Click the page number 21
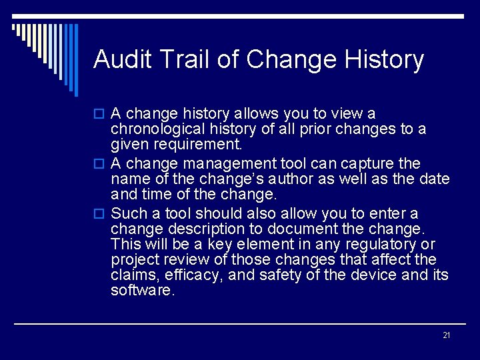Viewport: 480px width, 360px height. pyautogui.click(x=447, y=335)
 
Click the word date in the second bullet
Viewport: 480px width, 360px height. pyautogui.click(x=435, y=179)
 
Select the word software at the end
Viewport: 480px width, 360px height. pyautogui.click(x=142, y=290)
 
